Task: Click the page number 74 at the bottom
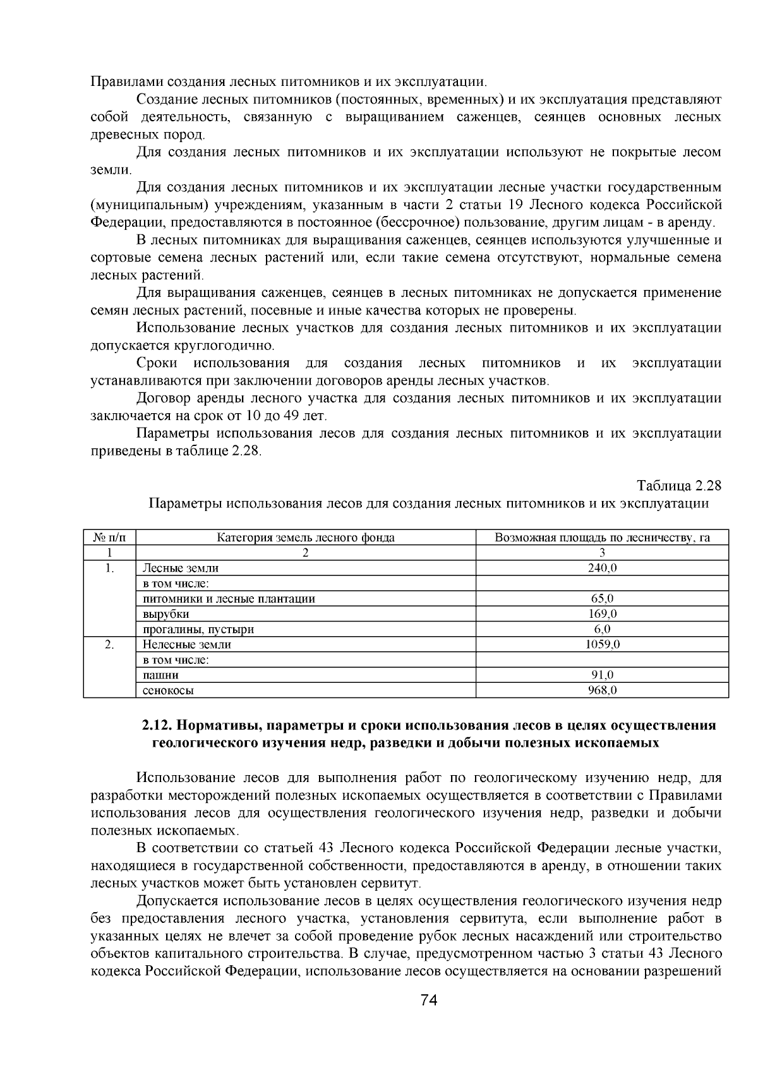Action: [429, 1000]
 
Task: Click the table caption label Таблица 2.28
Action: [679, 486]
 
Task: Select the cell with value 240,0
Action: [602, 568]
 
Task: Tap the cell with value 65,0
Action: [602, 598]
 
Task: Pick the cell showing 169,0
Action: [602, 613]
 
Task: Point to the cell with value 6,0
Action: [602, 629]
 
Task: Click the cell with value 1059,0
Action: [602, 644]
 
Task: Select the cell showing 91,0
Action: [602, 675]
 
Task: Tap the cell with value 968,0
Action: [602, 690]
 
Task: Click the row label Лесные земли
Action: [181, 568]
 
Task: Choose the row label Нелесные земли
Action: [187, 644]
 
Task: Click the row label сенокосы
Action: [168, 690]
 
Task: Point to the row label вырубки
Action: [165, 613]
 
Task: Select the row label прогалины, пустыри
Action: [198, 629]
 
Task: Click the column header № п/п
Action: [110, 538]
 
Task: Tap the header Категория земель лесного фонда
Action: [306, 538]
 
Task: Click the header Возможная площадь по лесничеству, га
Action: [602, 538]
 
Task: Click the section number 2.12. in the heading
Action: [159, 725]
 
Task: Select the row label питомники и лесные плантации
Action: [229, 598]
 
